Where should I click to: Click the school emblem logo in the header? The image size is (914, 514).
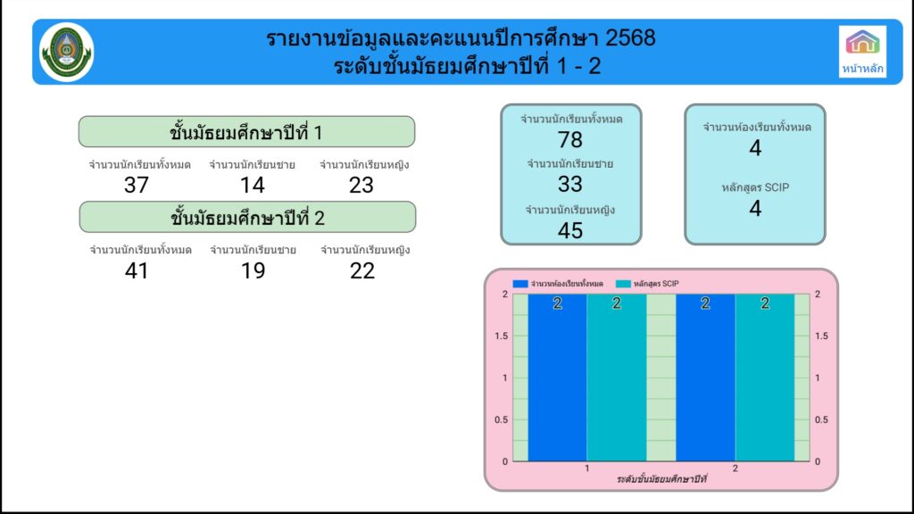[66, 52]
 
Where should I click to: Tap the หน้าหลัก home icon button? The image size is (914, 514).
[862, 51]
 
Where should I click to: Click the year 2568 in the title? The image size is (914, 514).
[630, 38]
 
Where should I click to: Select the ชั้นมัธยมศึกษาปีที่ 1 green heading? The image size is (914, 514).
[246, 132]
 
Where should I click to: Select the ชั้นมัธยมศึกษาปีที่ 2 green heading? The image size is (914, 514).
[247, 217]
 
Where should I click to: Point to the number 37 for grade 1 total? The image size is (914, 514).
[137, 186]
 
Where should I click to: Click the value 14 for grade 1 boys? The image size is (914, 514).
[253, 186]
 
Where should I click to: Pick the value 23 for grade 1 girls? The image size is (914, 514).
[361, 186]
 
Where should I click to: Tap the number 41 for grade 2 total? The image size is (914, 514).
[137, 271]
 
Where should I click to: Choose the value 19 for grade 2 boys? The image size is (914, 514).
[253, 271]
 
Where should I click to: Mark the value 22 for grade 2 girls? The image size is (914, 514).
[362, 271]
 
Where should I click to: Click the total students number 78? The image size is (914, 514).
[570, 140]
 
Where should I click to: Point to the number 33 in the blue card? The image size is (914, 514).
[570, 184]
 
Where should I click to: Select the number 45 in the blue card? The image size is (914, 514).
[570, 231]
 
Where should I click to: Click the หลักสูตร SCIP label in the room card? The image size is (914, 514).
[755, 187]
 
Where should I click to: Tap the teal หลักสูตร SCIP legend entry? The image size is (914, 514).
[648, 284]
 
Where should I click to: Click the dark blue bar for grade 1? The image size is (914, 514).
[557, 377]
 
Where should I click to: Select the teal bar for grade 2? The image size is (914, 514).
[765, 377]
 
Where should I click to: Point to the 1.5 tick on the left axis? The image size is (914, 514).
[502, 336]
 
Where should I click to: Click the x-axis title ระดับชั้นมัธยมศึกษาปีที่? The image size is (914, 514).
[661, 479]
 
